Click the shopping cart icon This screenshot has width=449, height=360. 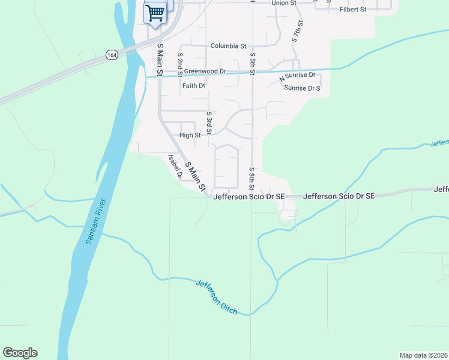(x=155, y=13)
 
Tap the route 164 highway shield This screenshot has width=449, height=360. (x=111, y=55)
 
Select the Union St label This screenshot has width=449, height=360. (x=284, y=3)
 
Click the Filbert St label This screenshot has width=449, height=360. (x=353, y=10)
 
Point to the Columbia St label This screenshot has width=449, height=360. (x=228, y=46)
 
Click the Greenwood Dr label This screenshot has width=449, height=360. (x=205, y=71)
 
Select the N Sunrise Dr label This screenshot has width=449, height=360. (x=297, y=76)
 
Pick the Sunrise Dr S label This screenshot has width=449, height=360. (x=303, y=88)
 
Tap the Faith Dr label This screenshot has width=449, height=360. (x=194, y=86)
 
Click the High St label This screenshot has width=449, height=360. (x=190, y=136)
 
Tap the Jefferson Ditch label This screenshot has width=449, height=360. (x=216, y=297)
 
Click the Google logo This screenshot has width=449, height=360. (x=20, y=353)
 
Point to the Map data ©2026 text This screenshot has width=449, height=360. (x=423, y=355)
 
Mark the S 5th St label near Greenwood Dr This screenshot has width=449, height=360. (x=252, y=64)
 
